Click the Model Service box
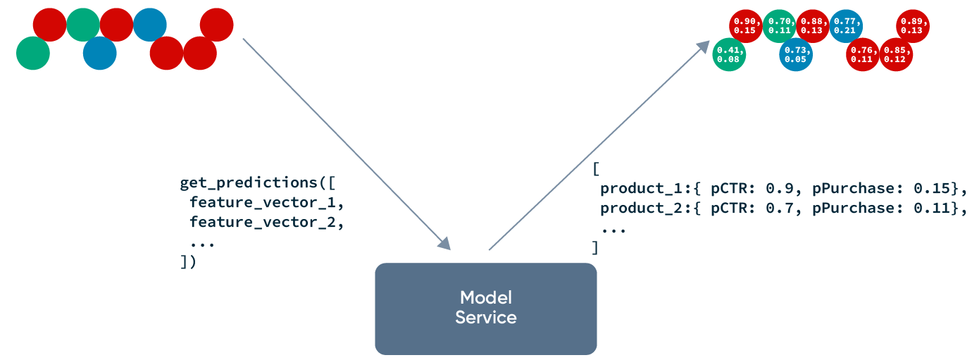pos(485,309)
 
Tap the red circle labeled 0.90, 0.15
pos(745,26)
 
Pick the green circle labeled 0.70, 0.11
pos(779,26)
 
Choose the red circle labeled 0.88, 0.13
pos(812,26)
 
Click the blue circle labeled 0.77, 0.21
pos(846,26)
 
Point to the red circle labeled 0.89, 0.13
pos(913,26)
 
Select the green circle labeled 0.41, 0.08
pos(729,54)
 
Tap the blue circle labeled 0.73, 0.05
pos(796,54)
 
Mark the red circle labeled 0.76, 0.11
pos(863,54)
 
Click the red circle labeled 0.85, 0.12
pos(896,54)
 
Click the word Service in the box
pos(485,318)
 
